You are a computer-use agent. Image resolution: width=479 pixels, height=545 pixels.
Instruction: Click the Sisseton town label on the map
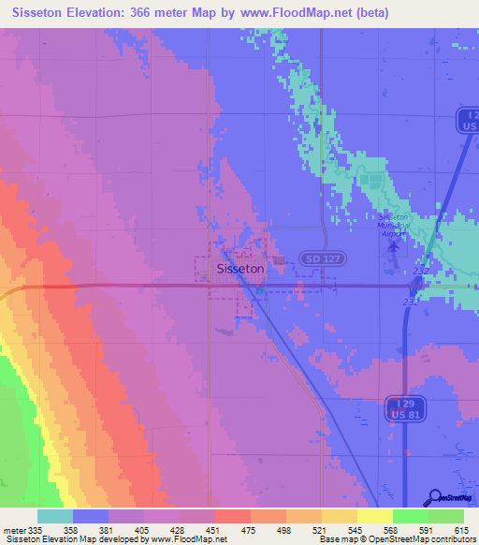tap(239, 268)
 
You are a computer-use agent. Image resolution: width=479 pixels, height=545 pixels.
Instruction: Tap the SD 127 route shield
tap(314, 258)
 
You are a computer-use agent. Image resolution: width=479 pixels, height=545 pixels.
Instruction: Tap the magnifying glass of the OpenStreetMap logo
tap(435, 497)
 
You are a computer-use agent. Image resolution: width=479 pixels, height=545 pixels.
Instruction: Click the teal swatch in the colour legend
tap(55, 516)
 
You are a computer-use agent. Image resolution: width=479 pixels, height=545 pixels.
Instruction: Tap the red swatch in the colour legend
tap(232, 516)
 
